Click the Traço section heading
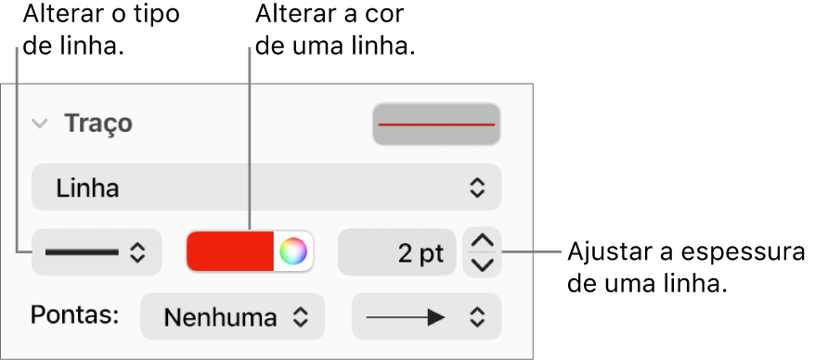[98, 123]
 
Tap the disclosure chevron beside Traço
[40, 123]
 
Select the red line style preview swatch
[436, 124]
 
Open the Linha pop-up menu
[266, 187]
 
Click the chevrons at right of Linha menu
[476, 187]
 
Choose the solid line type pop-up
[97, 252]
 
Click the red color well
[230, 251]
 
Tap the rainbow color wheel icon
[293, 251]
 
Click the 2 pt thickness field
[397, 252]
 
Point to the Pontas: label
[75, 315]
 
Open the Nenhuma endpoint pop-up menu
[232, 317]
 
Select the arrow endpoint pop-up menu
[427, 317]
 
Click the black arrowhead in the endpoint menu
[436, 317]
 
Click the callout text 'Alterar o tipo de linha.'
[102, 30]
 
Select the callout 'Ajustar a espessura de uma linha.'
[686, 268]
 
